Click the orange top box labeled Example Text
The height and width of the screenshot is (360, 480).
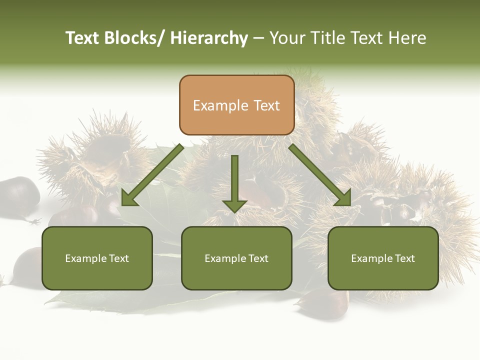[x=236, y=105]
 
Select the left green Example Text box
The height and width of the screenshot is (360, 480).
[x=97, y=258]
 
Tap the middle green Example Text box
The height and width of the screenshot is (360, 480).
[x=236, y=258]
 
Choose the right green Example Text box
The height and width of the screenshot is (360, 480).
[x=383, y=258]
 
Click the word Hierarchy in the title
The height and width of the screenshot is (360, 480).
[x=209, y=38]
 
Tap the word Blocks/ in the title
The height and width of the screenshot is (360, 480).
[x=134, y=38]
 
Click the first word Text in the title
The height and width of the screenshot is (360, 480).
[x=83, y=38]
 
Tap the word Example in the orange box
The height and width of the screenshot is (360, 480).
[x=220, y=105]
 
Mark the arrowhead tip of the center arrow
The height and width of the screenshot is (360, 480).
[x=234, y=212]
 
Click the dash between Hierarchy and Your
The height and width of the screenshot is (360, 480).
[x=258, y=38]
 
